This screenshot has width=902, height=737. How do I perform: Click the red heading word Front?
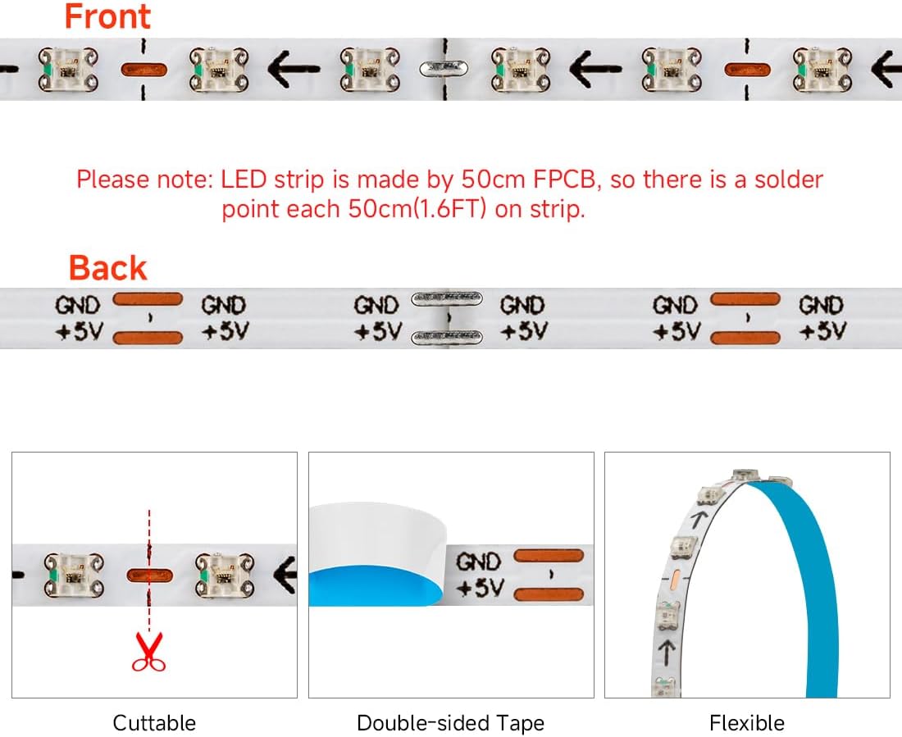coord(107,16)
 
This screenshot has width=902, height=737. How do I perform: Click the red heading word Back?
coord(107,268)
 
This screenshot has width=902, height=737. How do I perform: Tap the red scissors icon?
coord(148,652)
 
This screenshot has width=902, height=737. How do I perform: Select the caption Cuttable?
coord(154,723)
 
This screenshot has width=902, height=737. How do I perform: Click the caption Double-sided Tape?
coord(450,723)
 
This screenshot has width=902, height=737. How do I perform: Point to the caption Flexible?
coord(747,723)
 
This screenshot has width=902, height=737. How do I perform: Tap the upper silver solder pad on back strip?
coord(446,298)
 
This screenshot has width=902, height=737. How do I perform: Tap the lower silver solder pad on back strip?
coord(446,336)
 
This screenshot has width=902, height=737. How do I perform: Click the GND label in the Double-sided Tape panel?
coord(478,562)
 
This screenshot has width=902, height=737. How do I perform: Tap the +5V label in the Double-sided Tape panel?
coord(478,588)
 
